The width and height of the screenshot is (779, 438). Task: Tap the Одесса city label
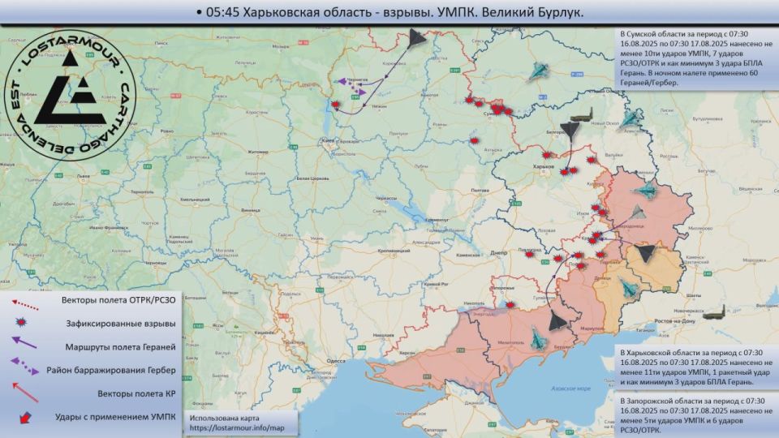[337, 361]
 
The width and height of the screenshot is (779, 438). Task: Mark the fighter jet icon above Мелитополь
[538, 332]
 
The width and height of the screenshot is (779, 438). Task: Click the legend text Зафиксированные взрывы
[123, 323]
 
